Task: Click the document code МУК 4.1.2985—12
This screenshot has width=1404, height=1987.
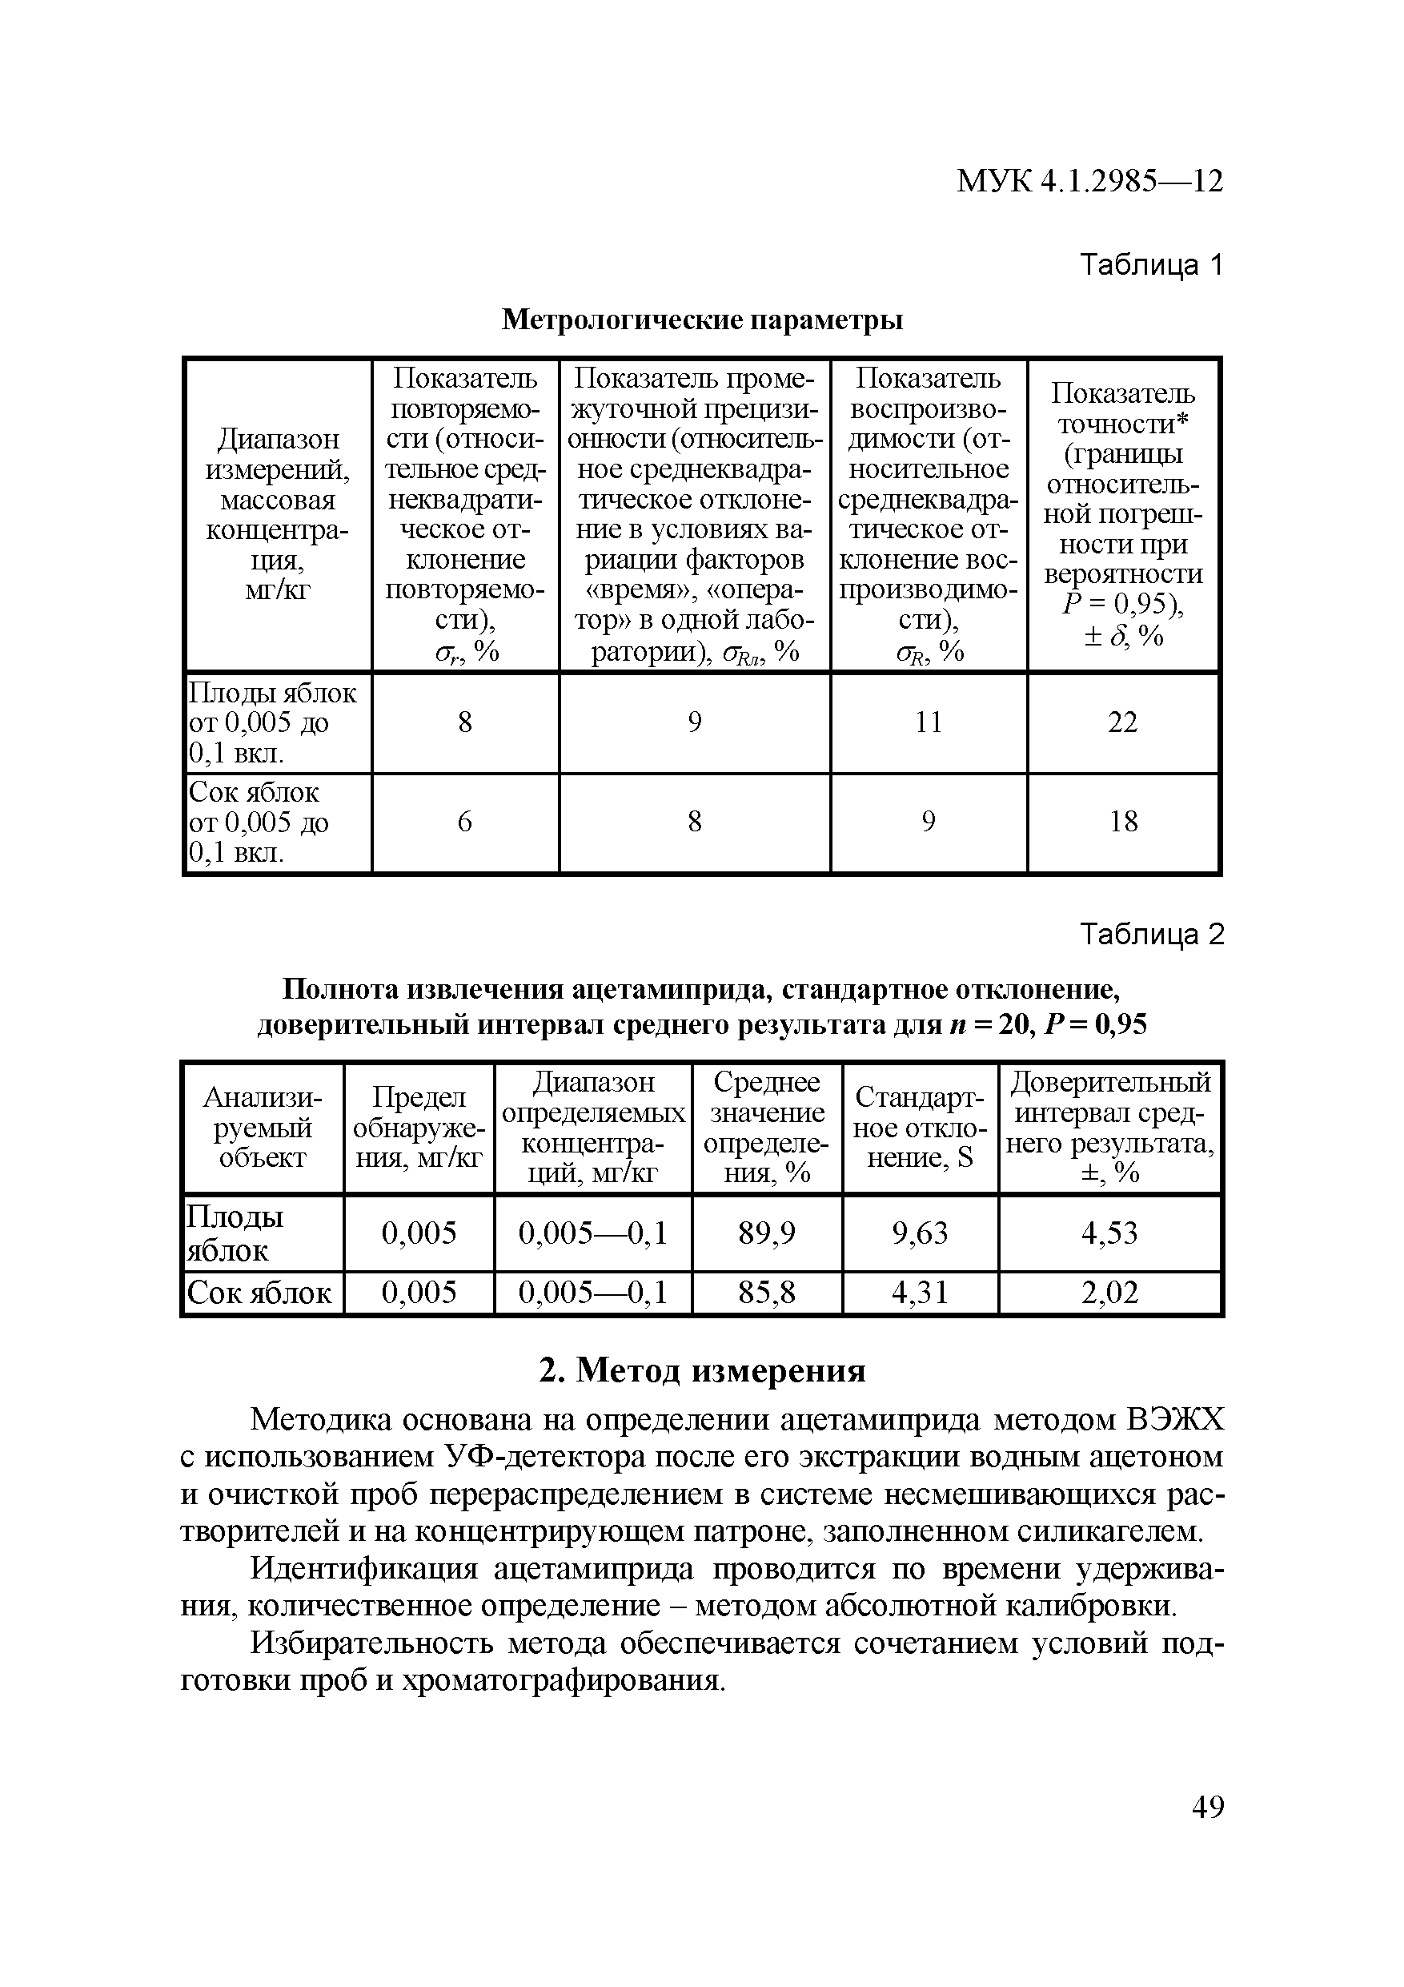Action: (1089, 182)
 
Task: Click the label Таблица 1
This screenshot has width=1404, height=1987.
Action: (1151, 265)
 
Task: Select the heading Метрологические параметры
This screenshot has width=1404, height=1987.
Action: (703, 320)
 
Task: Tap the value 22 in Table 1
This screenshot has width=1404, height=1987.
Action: (1122, 722)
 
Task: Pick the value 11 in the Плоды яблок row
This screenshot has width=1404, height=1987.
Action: (929, 722)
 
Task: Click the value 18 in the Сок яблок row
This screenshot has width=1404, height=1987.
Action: (1123, 821)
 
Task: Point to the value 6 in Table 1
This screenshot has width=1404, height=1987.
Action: (464, 821)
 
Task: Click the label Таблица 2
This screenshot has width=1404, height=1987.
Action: (1151, 935)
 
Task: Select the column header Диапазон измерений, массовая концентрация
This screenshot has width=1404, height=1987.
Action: (278, 514)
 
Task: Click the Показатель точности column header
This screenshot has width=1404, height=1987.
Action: (1122, 514)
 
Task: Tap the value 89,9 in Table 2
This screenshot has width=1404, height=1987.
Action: (767, 1233)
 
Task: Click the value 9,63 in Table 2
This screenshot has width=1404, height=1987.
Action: (920, 1233)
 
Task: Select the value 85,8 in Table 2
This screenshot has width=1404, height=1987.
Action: (767, 1293)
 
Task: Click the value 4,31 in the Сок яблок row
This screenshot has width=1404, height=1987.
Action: (920, 1293)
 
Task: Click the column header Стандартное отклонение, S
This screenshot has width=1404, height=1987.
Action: (920, 1128)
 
